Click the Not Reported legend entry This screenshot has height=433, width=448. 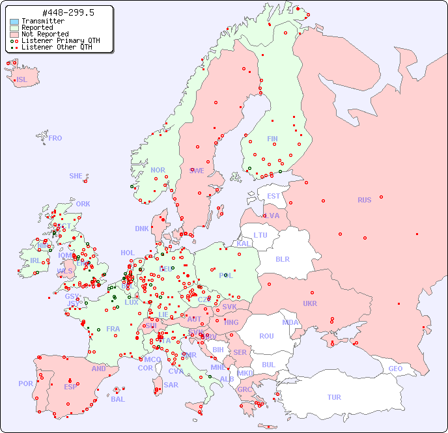44,34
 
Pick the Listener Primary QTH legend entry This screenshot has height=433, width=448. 61,40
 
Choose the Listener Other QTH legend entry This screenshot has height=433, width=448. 58,47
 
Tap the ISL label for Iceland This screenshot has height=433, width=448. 22,80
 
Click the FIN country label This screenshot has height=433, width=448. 272,139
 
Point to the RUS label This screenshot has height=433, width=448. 364,200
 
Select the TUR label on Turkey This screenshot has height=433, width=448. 334,397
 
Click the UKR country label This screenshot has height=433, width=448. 310,303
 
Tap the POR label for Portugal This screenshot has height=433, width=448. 25,384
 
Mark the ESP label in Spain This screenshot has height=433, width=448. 70,387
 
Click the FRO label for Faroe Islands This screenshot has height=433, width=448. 55,138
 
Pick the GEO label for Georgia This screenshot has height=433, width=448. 395,369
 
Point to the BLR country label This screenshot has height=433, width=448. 282,258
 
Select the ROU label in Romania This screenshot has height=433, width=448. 266,336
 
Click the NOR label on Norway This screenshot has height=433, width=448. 158,170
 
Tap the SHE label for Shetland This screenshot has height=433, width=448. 76,176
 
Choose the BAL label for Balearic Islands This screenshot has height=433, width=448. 118,399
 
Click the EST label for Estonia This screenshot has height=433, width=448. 273,196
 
